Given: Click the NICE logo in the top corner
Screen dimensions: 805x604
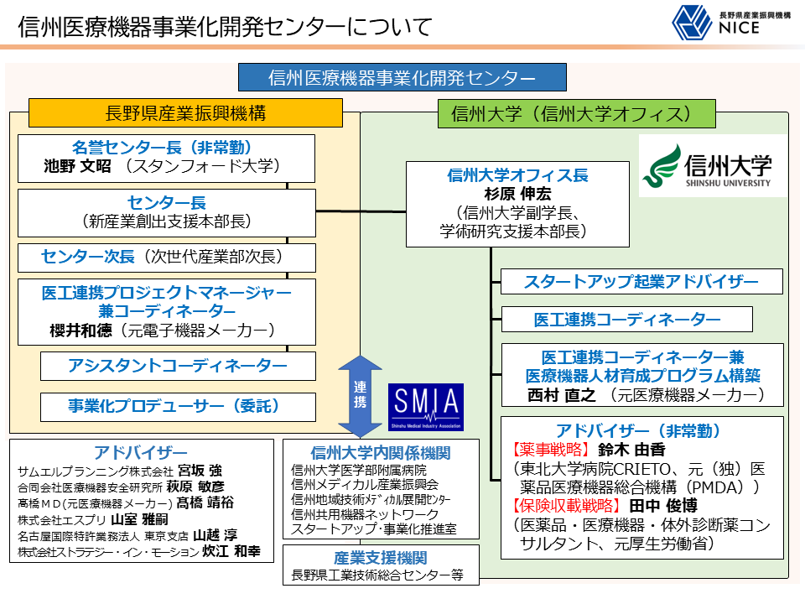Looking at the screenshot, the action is (x=731, y=23).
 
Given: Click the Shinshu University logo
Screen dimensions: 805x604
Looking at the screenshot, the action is (x=713, y=166).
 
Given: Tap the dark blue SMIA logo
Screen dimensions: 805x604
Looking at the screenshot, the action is (x=426, y=407).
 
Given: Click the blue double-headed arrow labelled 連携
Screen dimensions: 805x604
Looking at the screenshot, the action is (x=360, y=396).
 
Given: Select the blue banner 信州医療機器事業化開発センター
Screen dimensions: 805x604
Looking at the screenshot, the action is (x=402, y=77).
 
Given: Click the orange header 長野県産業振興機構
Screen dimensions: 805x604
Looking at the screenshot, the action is (x=185, y=113).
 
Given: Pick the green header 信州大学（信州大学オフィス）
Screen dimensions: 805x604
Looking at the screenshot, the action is (x=577, y=114).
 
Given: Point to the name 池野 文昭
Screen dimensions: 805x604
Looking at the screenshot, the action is (x=77, y=166).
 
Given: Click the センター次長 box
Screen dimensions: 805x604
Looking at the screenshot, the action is (x=167, y=258).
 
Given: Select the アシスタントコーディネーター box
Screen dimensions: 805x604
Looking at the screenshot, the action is (x=178, y=366).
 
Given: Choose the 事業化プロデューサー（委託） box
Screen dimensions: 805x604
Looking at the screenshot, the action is (x=178, y=407).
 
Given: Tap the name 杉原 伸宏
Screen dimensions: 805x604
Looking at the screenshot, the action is (x=517, y=194).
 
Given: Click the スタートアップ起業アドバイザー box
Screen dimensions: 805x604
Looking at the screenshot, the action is (x=641, y=282).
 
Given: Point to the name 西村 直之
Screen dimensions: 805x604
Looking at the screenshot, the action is (x=562, y=395).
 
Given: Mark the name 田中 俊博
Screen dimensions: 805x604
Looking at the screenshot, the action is (x=663, y=506).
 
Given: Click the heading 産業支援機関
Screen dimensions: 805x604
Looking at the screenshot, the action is (x=381, y=559).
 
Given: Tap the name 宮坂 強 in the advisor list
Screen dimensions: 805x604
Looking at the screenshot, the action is (x=200, y=471).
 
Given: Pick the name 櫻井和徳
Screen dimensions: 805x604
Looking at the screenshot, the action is (x=80, y=331).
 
